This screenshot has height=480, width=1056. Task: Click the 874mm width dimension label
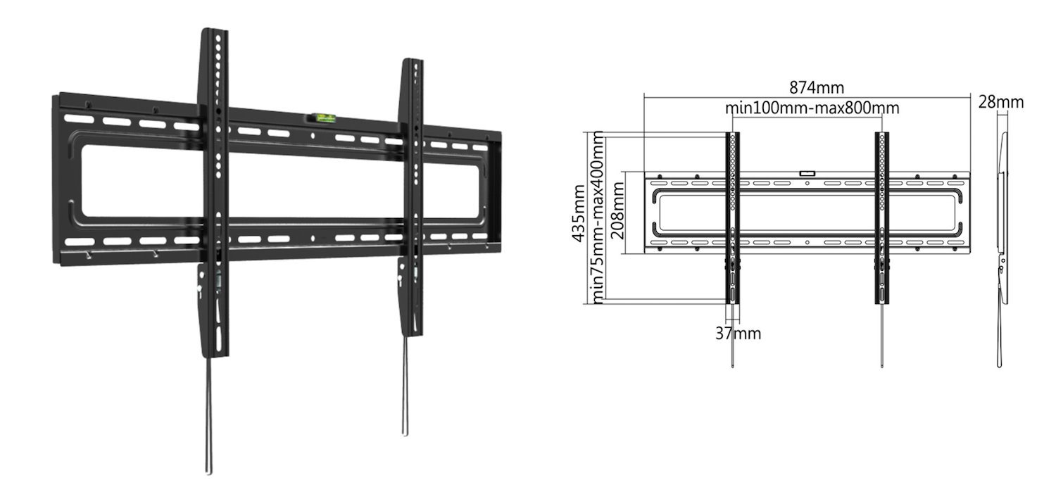(x=816, y=88)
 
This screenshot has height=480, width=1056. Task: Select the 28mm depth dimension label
(x=1000, y=102)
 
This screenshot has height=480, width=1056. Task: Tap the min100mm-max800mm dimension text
(x=812, y=108)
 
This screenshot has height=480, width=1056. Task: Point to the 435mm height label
(x=579, y=213)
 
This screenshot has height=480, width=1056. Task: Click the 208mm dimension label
(x=618, y=210)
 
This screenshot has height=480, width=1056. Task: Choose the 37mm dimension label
(x=738, y=333)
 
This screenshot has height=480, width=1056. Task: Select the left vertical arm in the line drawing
(x=733, y=218)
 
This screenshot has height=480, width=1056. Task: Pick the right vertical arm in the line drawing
(x=882, y=218)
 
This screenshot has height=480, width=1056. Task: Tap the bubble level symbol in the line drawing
(x=807, y=171)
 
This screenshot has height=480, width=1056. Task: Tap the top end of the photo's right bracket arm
(x=411, y=63)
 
